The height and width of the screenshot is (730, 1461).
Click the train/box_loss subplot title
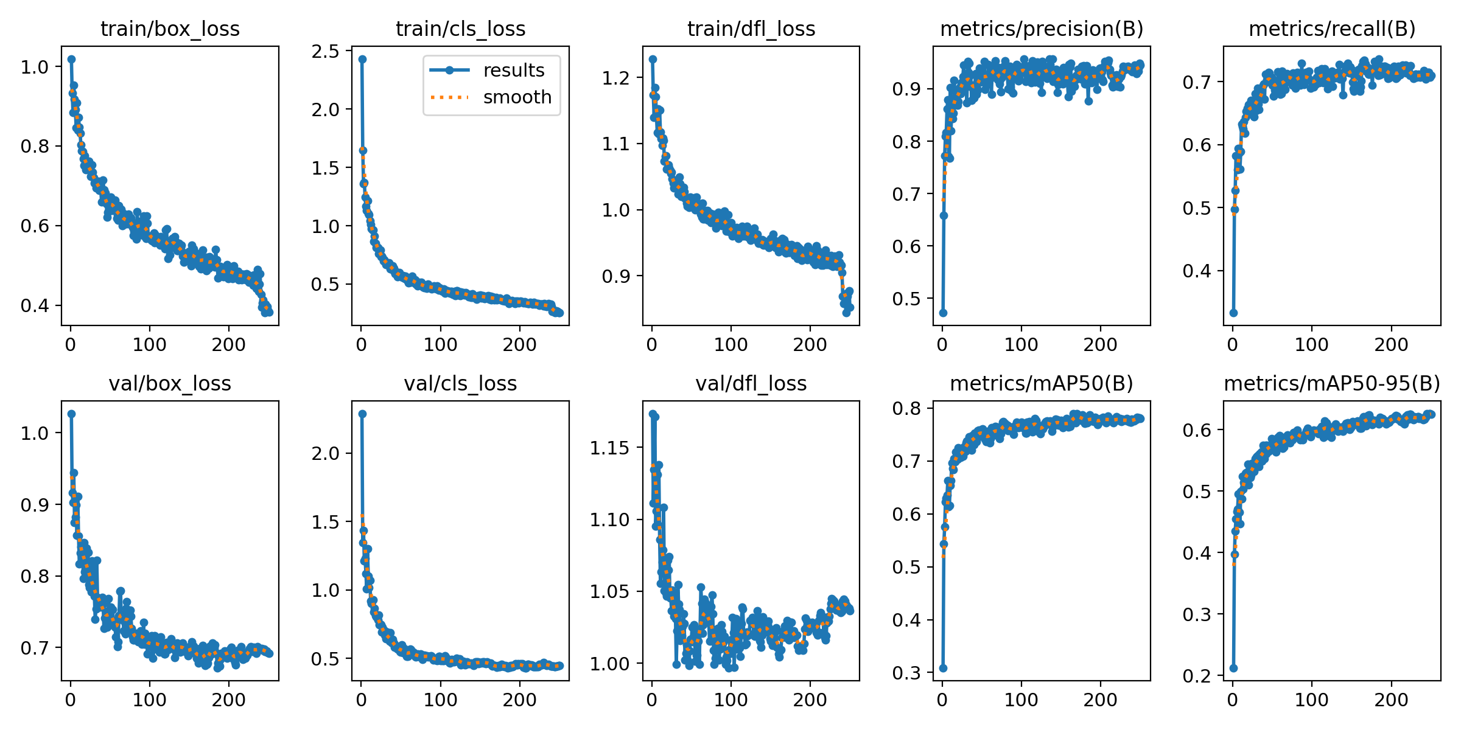(x=170, y=29)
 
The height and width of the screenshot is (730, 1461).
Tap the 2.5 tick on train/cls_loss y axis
(x=326, y=51)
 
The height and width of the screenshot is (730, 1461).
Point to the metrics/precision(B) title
(x=1042, y=29)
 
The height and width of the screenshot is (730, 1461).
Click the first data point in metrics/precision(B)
(x=943, y=313)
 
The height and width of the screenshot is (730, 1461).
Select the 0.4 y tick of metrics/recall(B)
(x=1197, y=271)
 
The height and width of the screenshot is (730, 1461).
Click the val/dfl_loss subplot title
(x=751, y=383)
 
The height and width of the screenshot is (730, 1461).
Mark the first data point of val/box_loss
(x=71, y=414)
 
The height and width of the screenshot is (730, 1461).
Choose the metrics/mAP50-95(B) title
(x=1332, y=383)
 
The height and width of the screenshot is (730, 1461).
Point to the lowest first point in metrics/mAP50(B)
(x=943, y=668)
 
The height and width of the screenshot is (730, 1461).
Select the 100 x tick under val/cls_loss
(x=440, y=700)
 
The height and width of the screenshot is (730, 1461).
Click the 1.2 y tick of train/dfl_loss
(x=616, y=78)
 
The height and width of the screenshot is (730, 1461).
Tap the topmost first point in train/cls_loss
(x=362, y=59)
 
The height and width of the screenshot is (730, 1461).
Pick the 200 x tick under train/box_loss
(x=228, y=345)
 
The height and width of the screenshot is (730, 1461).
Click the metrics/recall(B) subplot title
(x=1332, y=29)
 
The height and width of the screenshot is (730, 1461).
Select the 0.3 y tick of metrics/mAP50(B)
(x=906, y=673)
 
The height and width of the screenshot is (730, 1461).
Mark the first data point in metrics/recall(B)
(x=1233, y=313)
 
